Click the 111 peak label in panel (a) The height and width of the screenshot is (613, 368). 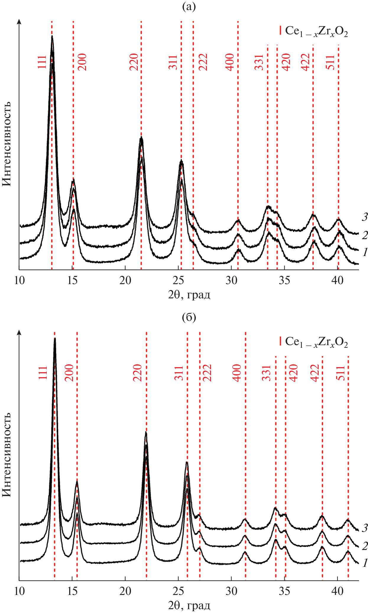point(42,62)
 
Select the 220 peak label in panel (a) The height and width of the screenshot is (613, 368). point(134,62)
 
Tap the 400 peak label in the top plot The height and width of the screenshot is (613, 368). point(230,62)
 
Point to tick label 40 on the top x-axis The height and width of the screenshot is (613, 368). point(337,280)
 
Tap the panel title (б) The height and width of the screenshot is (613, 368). point(189,317)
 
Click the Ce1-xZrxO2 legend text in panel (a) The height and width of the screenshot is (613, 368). point(316,31)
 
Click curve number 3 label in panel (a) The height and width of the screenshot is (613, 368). point(364,217)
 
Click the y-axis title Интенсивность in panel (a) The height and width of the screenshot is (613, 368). point(7,144)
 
